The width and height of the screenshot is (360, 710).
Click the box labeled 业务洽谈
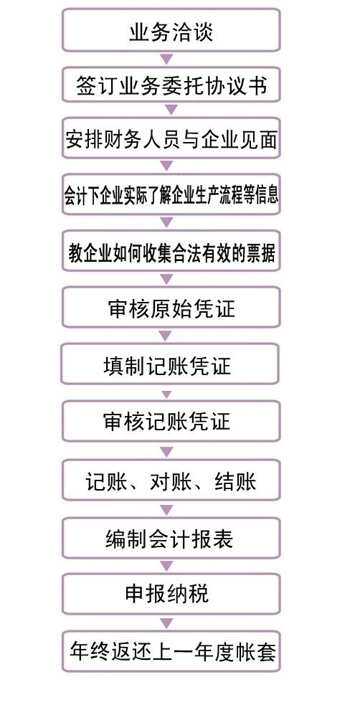point(171,30)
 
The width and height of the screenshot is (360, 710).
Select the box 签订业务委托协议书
point(171,85)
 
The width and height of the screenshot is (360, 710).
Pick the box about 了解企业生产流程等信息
point(171,194)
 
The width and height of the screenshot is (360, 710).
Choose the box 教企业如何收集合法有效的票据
point(171,251)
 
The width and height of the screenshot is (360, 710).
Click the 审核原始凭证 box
point(171,308)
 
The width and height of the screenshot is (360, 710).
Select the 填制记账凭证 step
point(169,364)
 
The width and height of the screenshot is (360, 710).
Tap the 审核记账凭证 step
point(171,421)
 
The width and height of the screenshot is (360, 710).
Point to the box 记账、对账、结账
point(171,480)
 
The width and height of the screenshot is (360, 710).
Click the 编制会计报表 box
point(171,538)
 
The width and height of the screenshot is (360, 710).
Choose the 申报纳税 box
point(171,594)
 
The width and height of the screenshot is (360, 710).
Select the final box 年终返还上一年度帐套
point(171,651)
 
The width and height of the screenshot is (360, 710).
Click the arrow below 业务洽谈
point(166,59)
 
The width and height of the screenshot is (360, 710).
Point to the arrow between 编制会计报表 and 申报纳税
point(166,566)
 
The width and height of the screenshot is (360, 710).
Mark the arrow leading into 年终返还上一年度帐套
point(166,623)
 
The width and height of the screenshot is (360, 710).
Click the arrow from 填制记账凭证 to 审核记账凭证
point(166,394)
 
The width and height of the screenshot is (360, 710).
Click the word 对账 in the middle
point(166,481)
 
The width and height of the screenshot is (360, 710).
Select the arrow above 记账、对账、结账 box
point(166,451)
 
